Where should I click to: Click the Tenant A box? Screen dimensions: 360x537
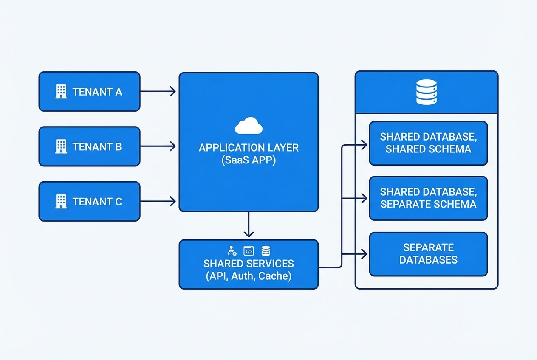(x=89, y=91)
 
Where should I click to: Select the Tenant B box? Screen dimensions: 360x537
(x=89, y=146)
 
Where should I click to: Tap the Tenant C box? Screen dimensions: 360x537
(x=89, y=201)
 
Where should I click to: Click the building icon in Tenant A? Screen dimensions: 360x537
(x=61, y=91)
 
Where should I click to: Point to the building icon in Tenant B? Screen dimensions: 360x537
(x=61, y=146)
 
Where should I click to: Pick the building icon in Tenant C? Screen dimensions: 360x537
(x=61, y=201)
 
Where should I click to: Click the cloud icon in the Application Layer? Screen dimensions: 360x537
(x=249, y=126)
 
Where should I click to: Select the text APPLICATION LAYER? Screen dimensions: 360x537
(x=249, y=148)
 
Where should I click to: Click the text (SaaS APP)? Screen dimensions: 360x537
(x=249, y=161)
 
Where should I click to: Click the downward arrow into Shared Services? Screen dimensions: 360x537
(x=249, y=225)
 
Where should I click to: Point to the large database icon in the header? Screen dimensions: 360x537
(x=426, y=93)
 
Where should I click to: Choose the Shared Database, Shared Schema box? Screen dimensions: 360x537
(x=428, y=143)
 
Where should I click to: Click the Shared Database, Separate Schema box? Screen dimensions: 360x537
(x=428, y=198)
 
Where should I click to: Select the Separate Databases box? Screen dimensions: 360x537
(x=428, y=253)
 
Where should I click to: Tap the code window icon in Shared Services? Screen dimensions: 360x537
(x=249, y=251)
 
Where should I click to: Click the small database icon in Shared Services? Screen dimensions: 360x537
(x=266, y=251)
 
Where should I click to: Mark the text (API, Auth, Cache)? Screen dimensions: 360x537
(x=249, y=276)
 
